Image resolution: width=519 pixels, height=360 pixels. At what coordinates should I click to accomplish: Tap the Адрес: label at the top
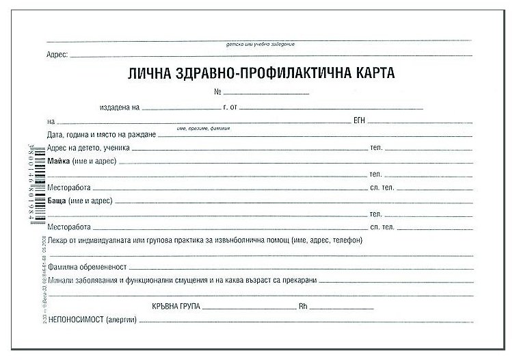click(57, 54)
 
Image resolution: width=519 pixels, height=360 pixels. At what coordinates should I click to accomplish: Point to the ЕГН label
click(360, 120)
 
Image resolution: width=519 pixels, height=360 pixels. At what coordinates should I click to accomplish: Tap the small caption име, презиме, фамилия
click(203, 128)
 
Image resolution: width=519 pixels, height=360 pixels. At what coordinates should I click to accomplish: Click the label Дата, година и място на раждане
click(103, 134)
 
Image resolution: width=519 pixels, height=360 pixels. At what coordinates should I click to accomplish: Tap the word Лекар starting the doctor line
click(59, 240)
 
